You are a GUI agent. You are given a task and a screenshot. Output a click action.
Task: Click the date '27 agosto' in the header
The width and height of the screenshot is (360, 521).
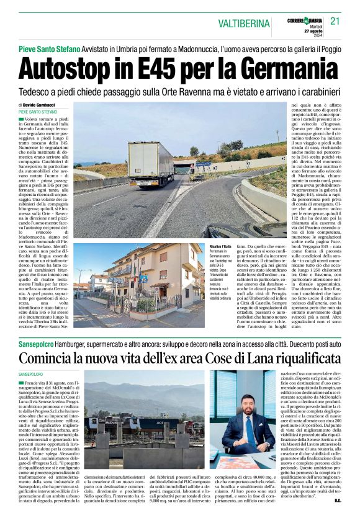[314, 30]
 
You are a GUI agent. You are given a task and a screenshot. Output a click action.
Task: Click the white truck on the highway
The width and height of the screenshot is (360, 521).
[151, 163]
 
